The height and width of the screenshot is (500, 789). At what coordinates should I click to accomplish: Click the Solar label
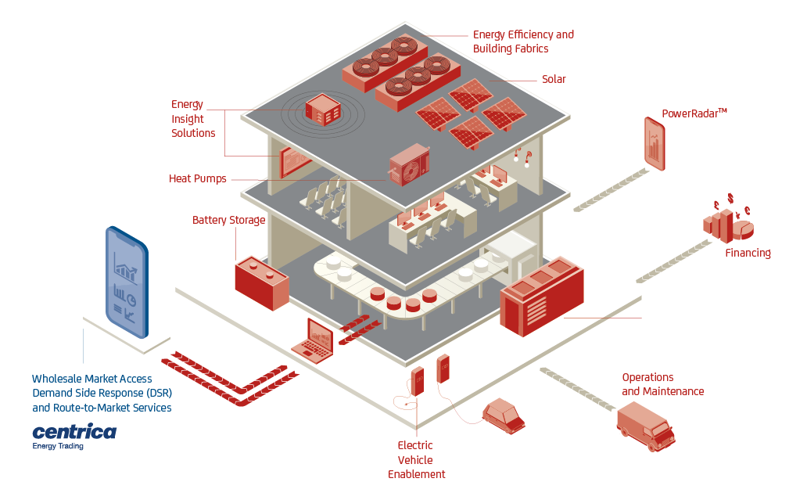[x=554, y=79]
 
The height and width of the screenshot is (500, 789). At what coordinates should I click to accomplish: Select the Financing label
[x=748, y=253]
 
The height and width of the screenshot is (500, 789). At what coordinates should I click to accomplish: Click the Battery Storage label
[x=229, y=221]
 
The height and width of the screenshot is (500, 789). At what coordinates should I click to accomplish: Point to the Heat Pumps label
[x=198, y=178]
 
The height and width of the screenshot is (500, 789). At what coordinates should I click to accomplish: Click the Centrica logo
[x=74, y=432]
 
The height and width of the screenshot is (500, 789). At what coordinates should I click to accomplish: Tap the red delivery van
[x=646, y=426]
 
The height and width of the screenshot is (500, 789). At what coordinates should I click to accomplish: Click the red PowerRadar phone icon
[x=655, y=143]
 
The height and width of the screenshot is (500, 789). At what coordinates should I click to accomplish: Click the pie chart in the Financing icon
[x=744, y=228]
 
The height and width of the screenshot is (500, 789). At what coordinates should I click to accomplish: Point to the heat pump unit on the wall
[x=409, y=164]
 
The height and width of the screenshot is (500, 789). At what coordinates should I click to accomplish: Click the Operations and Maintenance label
[x=662, y=384]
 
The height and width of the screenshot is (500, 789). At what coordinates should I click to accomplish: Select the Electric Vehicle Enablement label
[x=417, y=460]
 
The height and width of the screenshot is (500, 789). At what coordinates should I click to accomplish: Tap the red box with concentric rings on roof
[x=323, y=110]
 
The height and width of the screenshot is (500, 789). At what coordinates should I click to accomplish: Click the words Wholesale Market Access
[x=92, y=379]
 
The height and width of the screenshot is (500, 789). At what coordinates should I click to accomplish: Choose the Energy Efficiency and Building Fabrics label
[x=523, y=41]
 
